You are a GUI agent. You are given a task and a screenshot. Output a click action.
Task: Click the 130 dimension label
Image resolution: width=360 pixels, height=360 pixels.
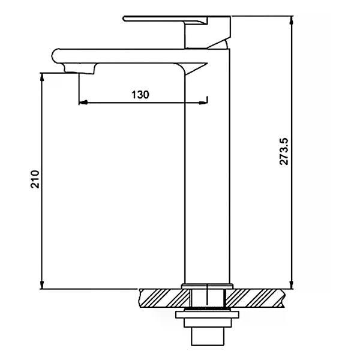click(140, 95)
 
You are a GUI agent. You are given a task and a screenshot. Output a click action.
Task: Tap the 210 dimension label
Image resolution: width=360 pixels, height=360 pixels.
click(35, 179)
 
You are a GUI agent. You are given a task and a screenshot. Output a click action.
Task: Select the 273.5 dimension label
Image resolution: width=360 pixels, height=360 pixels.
click(284, 152)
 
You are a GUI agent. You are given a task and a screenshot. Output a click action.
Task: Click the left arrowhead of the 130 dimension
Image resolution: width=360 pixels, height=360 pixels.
click(83, 103)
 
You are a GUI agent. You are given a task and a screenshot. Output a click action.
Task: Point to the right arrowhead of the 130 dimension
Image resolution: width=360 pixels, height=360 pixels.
click(203, 103)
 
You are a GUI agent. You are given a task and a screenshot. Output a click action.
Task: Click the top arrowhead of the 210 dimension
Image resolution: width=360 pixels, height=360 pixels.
click(42, 77)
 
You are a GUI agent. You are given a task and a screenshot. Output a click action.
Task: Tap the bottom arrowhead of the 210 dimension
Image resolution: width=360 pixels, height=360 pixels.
click(42, 284)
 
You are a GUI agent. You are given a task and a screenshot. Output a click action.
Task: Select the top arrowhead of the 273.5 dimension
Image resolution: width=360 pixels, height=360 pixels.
click(292, 20)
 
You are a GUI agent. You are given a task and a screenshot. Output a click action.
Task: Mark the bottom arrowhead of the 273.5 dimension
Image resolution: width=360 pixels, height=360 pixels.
click(292, 284)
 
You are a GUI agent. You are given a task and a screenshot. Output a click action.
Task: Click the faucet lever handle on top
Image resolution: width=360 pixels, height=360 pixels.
click(166, 19)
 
